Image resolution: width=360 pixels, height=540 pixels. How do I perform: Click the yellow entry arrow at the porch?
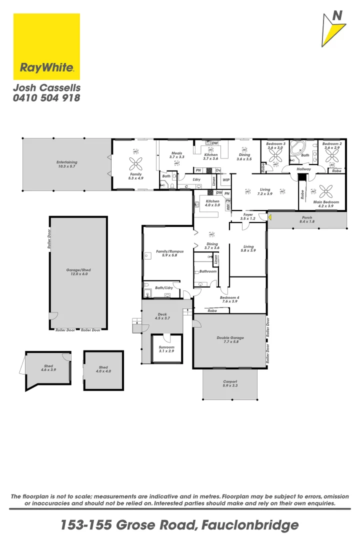pos(269,217)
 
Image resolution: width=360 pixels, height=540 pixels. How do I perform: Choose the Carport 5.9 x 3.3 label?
pos(230,383)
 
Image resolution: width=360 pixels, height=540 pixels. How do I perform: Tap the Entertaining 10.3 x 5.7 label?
pos(66,164)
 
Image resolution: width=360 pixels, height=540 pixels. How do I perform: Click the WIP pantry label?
pos(226,179)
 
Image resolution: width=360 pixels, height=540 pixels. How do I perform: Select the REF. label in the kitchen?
pos(227,205)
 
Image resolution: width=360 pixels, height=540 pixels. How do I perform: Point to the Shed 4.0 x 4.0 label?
pos(103,369)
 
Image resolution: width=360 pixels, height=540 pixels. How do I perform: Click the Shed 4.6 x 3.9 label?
pos(48,368)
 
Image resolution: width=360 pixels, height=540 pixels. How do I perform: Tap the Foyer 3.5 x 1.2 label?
pos(248,216)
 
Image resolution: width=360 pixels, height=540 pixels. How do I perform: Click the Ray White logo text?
pos(46,67)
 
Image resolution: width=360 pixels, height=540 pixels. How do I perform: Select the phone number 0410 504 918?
pos(46,98)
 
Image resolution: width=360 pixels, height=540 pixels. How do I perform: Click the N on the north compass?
pos(338,16)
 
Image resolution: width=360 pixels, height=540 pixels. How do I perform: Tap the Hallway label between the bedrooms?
pos(303,169)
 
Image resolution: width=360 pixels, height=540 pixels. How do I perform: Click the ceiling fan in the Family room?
pos(135,163)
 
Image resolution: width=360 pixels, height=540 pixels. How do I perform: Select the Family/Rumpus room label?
pos(166,253)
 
